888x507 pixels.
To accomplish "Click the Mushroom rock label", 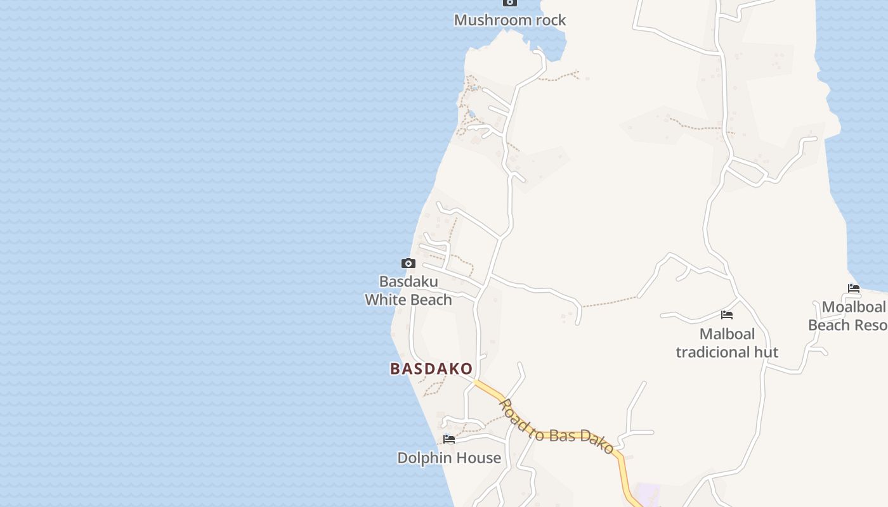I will tap(510, 20).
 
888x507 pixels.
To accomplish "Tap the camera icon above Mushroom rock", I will tap(510, 3).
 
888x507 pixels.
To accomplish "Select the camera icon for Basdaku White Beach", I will tap(408, 263).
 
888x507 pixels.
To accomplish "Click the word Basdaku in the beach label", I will tap(408, 281).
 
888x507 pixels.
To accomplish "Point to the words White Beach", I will tap(408, 300).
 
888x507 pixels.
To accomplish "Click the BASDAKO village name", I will tap(431, 369).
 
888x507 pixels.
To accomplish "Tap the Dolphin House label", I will tap(449, 458).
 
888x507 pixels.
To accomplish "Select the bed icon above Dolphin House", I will tap(449, 439).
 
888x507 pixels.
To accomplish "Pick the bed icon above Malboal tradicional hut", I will tap(727, 315).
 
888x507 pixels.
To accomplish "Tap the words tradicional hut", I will tap(727, 352).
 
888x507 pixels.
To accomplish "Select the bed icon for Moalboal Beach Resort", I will tap(854, 288).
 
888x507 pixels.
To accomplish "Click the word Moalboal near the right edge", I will tap(854, 307).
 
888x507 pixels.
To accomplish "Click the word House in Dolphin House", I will tap(481, 458).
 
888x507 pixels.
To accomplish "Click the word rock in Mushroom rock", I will tap(549, 20).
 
